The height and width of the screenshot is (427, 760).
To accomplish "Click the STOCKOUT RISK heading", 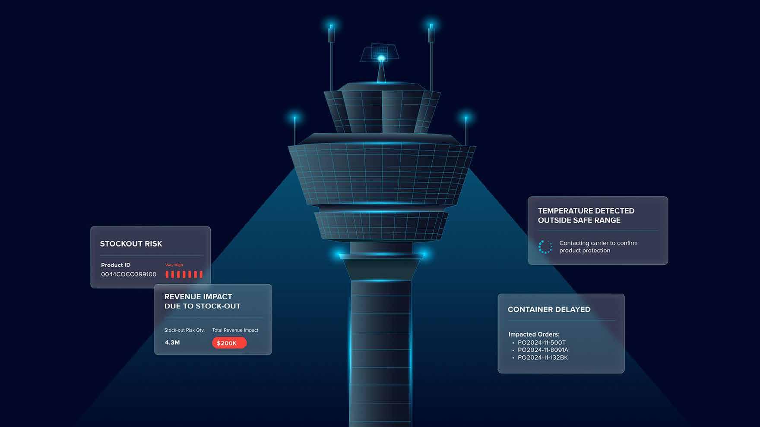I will pos(131,244).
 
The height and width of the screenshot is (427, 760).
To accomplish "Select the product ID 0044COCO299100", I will pos(129,274).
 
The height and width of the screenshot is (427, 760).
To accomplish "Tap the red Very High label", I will pos(174,265).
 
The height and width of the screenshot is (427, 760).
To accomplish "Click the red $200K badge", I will pos(229,343).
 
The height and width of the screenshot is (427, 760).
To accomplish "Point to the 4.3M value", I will pos(172,342).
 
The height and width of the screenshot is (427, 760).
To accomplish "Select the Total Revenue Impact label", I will pos(235,330).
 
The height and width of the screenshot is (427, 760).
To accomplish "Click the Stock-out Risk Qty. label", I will pos(184,330).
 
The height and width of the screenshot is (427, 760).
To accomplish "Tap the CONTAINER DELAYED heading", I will pos(549,309).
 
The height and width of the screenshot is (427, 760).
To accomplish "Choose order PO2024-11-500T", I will pos(541,342).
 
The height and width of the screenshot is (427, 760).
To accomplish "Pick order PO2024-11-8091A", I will pos(543,350).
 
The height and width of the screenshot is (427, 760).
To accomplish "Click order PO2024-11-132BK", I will pos(543,358).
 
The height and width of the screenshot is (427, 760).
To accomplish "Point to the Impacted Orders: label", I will pos(534,334).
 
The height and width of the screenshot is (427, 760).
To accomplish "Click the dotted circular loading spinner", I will pos(545,247).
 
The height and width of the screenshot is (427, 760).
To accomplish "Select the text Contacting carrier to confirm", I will pos(598,243).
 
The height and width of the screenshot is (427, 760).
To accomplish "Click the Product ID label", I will pos(116,265).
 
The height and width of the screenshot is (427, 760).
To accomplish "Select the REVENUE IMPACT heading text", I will pos(198,297).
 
